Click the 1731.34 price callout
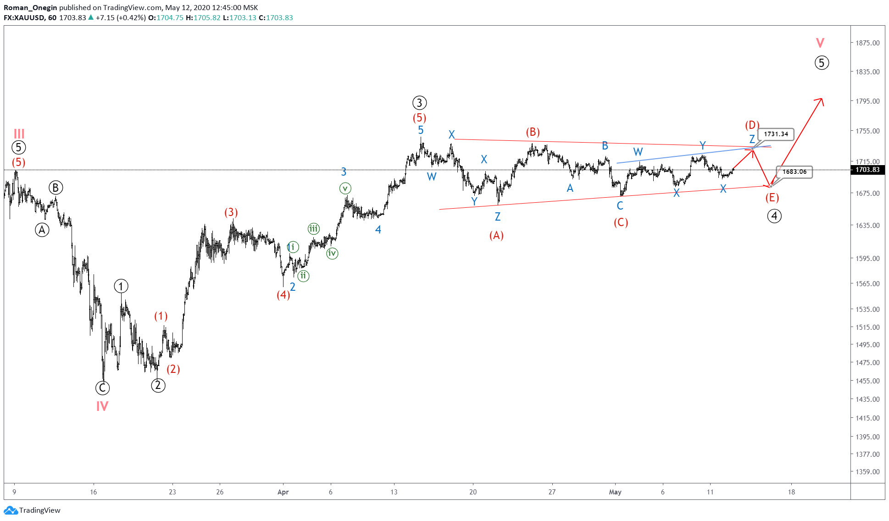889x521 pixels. [x=776, y=134]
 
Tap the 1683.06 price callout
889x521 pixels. [x=794, y=172]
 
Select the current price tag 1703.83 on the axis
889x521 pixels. [x=867, y=170]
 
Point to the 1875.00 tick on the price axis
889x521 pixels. [x=867, y=43]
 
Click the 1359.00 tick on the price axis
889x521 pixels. [x=867, y=471]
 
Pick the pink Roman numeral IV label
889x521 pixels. [x=102, y=406]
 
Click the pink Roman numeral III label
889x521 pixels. [x=19, y=134]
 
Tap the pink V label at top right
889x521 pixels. [x=820, y=43]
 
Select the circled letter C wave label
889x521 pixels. [x=102, y=388]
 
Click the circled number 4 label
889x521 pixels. [x=774, y=216]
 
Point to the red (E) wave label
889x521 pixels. [x=772, y=198]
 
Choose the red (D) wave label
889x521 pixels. [x=752, y=125]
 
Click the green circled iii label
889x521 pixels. [x=313, y=228]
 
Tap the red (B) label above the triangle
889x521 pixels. [x=533, y=132]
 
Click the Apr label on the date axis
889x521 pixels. [x=283, y=492]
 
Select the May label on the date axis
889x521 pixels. [x=615, y=492]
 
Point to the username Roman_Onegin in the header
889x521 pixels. [x=30, y=7]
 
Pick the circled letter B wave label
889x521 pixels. [x=56, y=188]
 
